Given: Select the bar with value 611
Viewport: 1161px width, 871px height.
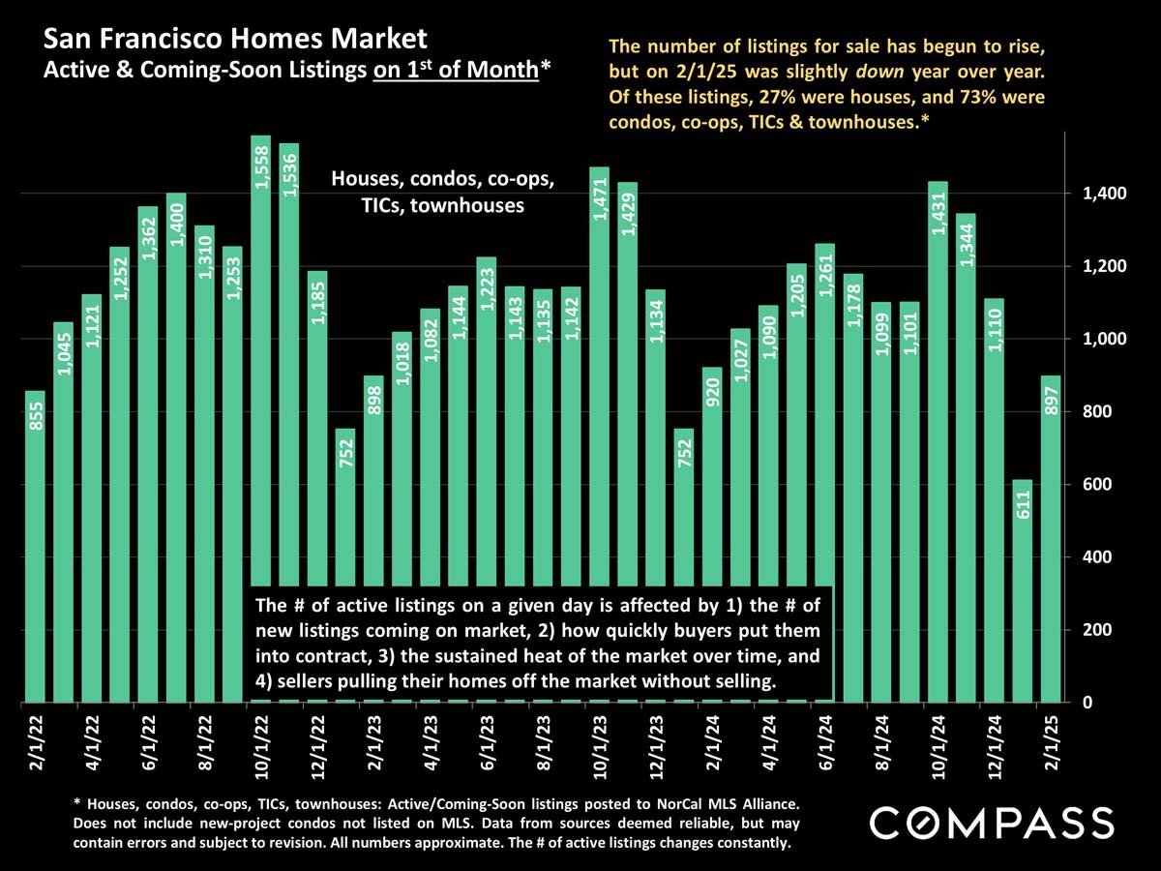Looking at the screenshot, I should tap(1022, 590).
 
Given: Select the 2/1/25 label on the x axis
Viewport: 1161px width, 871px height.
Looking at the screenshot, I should tap(1052, 739).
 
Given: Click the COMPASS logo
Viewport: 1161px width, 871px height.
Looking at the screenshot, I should tap(991, 824).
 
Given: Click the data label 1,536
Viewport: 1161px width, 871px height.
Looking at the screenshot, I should tap(289, 174).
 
